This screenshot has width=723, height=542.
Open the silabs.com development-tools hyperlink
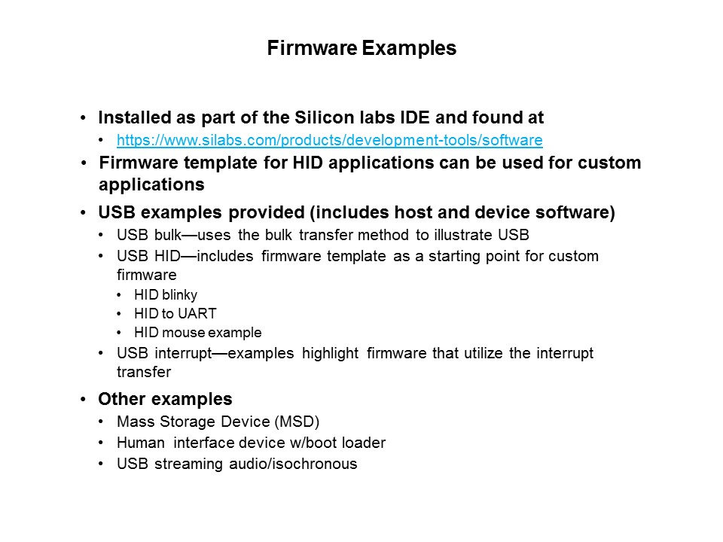(330, 141)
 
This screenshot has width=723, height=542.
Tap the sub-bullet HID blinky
(166, 295)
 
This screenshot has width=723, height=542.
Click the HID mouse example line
(198, 333)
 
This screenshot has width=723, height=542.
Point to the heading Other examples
(165, 399)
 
